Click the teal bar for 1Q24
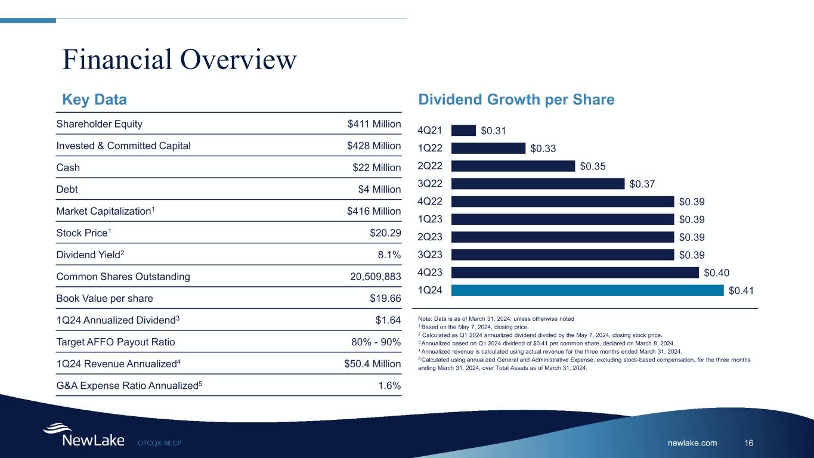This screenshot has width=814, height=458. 587,290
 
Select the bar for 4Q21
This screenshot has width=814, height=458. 463,130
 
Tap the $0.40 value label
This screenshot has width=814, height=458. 716,273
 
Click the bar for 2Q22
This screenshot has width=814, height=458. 513,166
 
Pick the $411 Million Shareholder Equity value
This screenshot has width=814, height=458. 374,124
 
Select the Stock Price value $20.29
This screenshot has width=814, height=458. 385,211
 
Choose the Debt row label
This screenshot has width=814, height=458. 67,190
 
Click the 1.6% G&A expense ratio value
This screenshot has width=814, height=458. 389,386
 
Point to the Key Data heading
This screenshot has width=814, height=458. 95,100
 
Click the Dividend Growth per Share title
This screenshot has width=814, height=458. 516,100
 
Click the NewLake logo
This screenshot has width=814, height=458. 83,436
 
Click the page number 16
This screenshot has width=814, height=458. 749,443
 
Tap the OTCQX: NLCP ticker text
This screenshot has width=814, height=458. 159,443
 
